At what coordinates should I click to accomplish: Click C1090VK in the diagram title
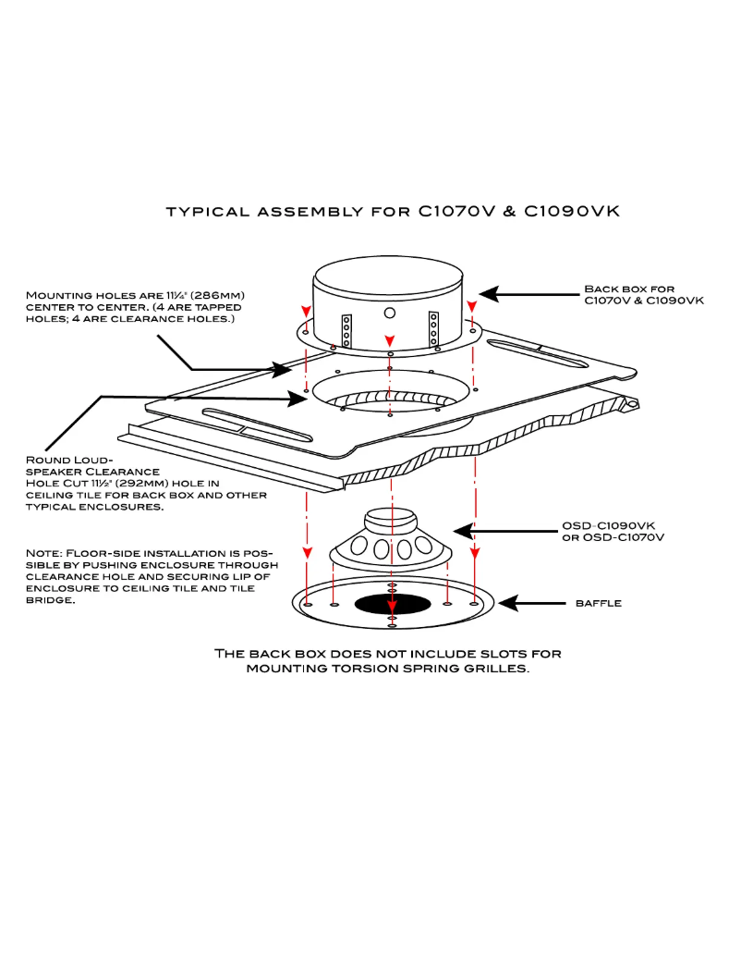click(x=571, y=212)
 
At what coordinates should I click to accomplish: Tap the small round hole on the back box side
click(x=389, y=313)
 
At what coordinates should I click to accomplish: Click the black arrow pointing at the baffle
click(x=536, y=603)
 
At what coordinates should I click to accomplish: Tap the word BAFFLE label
click(x=598, y=604)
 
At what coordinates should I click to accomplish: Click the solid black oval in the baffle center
click(x=392, y=604)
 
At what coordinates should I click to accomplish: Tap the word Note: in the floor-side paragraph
click(x=44, y=553)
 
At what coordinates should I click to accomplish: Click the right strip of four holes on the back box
click(x=432, y=327)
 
